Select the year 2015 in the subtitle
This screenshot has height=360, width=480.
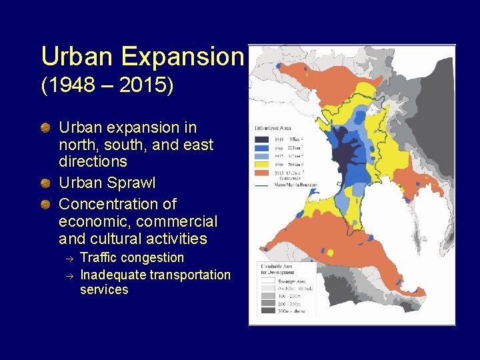tap(150, 85)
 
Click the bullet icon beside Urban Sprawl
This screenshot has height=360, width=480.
tap(46, 183)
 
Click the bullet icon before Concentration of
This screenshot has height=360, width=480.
tap(46, 204)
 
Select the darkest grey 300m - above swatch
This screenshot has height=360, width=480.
tap(267, 310)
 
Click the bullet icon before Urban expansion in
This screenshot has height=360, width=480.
tap(46, 127)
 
